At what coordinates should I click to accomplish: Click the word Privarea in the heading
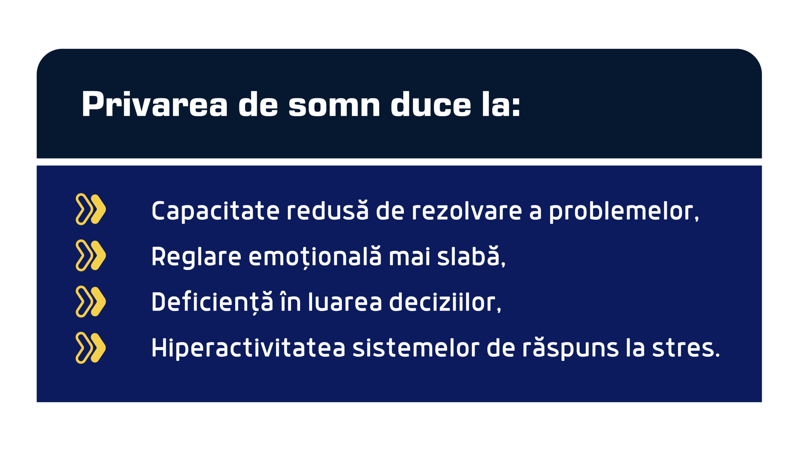155,104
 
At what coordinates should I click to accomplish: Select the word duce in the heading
431,104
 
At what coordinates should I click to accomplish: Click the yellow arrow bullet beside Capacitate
90,209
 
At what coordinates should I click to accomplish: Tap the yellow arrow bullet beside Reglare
90,255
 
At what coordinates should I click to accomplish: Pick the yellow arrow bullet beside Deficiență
90,301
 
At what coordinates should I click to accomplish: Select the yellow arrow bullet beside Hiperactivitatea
90,348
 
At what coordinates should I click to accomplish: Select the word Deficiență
212,302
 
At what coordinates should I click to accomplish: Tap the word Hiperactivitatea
248,348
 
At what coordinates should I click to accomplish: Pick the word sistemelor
416,348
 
